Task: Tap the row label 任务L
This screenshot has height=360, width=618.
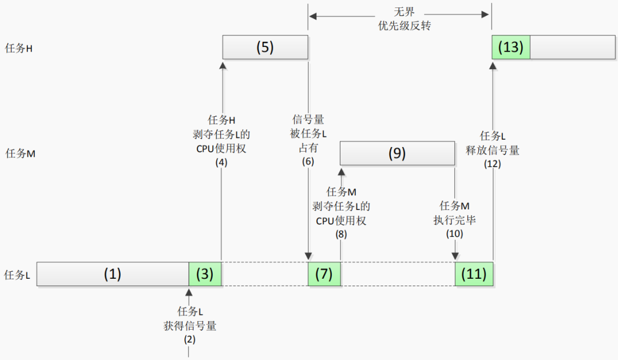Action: [17, 275]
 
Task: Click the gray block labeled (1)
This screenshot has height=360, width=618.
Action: [112, 274]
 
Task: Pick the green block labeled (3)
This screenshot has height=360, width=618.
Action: [205, 274]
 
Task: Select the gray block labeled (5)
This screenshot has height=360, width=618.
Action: [265, 47]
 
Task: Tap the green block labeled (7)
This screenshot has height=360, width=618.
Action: [324, 274]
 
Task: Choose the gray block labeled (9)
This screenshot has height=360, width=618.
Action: [397, 153]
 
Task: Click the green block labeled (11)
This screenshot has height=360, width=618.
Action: [473, 274]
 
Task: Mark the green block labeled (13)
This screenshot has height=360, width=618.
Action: [510, 47]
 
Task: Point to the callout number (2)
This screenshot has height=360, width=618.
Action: [189, 339]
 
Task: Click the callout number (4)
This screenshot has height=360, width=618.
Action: [221, 162]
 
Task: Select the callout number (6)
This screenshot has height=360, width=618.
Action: [308, 162]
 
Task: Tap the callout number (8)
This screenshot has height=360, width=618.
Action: [341, 235]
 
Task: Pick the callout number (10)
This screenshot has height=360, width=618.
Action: [454, 234]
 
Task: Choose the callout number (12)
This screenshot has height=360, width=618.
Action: [492, 164]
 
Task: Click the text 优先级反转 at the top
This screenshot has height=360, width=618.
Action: [400, 26]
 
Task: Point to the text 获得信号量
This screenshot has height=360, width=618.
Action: [189, 326]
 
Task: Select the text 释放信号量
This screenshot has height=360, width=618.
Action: [492, 150]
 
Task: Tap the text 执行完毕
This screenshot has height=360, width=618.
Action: [454, 220]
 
